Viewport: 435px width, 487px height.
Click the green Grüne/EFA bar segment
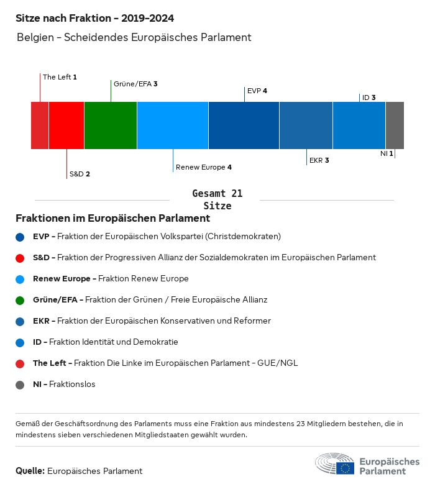point(111,125)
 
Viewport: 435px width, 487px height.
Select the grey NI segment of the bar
point(395,125)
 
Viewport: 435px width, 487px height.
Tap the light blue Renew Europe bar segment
point(173,125)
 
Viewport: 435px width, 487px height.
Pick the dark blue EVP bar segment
point(244,125)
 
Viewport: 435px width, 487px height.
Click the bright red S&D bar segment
point(66,125)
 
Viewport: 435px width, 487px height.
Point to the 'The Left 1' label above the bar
point(60,77)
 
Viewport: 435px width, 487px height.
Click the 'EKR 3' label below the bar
point(319,160)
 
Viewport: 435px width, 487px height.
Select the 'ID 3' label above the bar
point(369,98)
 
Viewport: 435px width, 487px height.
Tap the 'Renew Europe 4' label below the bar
point(204,167)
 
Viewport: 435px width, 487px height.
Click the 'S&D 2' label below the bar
point(80,174)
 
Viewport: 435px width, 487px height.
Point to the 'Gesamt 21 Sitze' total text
point(217,200)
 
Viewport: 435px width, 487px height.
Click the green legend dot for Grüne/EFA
point(21,300)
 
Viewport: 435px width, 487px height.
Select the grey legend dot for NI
point(21,385)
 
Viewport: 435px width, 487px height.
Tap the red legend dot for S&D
point(21,258)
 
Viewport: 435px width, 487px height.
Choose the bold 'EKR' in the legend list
point(41,321)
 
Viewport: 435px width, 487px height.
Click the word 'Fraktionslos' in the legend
point(72,385)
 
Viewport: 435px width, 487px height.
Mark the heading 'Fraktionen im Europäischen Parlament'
point(112,219)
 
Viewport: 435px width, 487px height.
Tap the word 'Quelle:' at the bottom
point(30,471)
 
